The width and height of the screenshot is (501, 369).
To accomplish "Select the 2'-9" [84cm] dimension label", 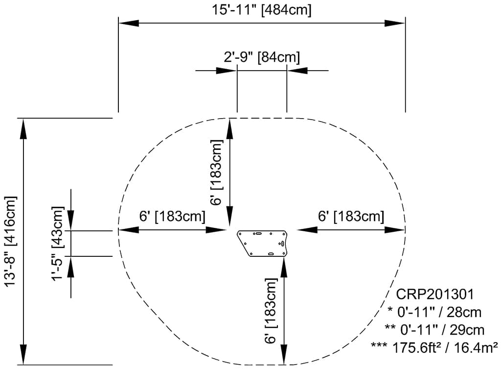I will [x=262, y=57].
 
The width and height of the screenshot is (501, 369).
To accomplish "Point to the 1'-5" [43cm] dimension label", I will [x=58, y=244].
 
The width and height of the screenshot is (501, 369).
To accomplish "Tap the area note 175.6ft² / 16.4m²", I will [x=434, y=347].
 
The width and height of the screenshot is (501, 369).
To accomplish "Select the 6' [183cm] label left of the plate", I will [x=172, y=216].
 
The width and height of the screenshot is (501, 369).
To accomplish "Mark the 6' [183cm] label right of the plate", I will [x=351, y=216].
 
